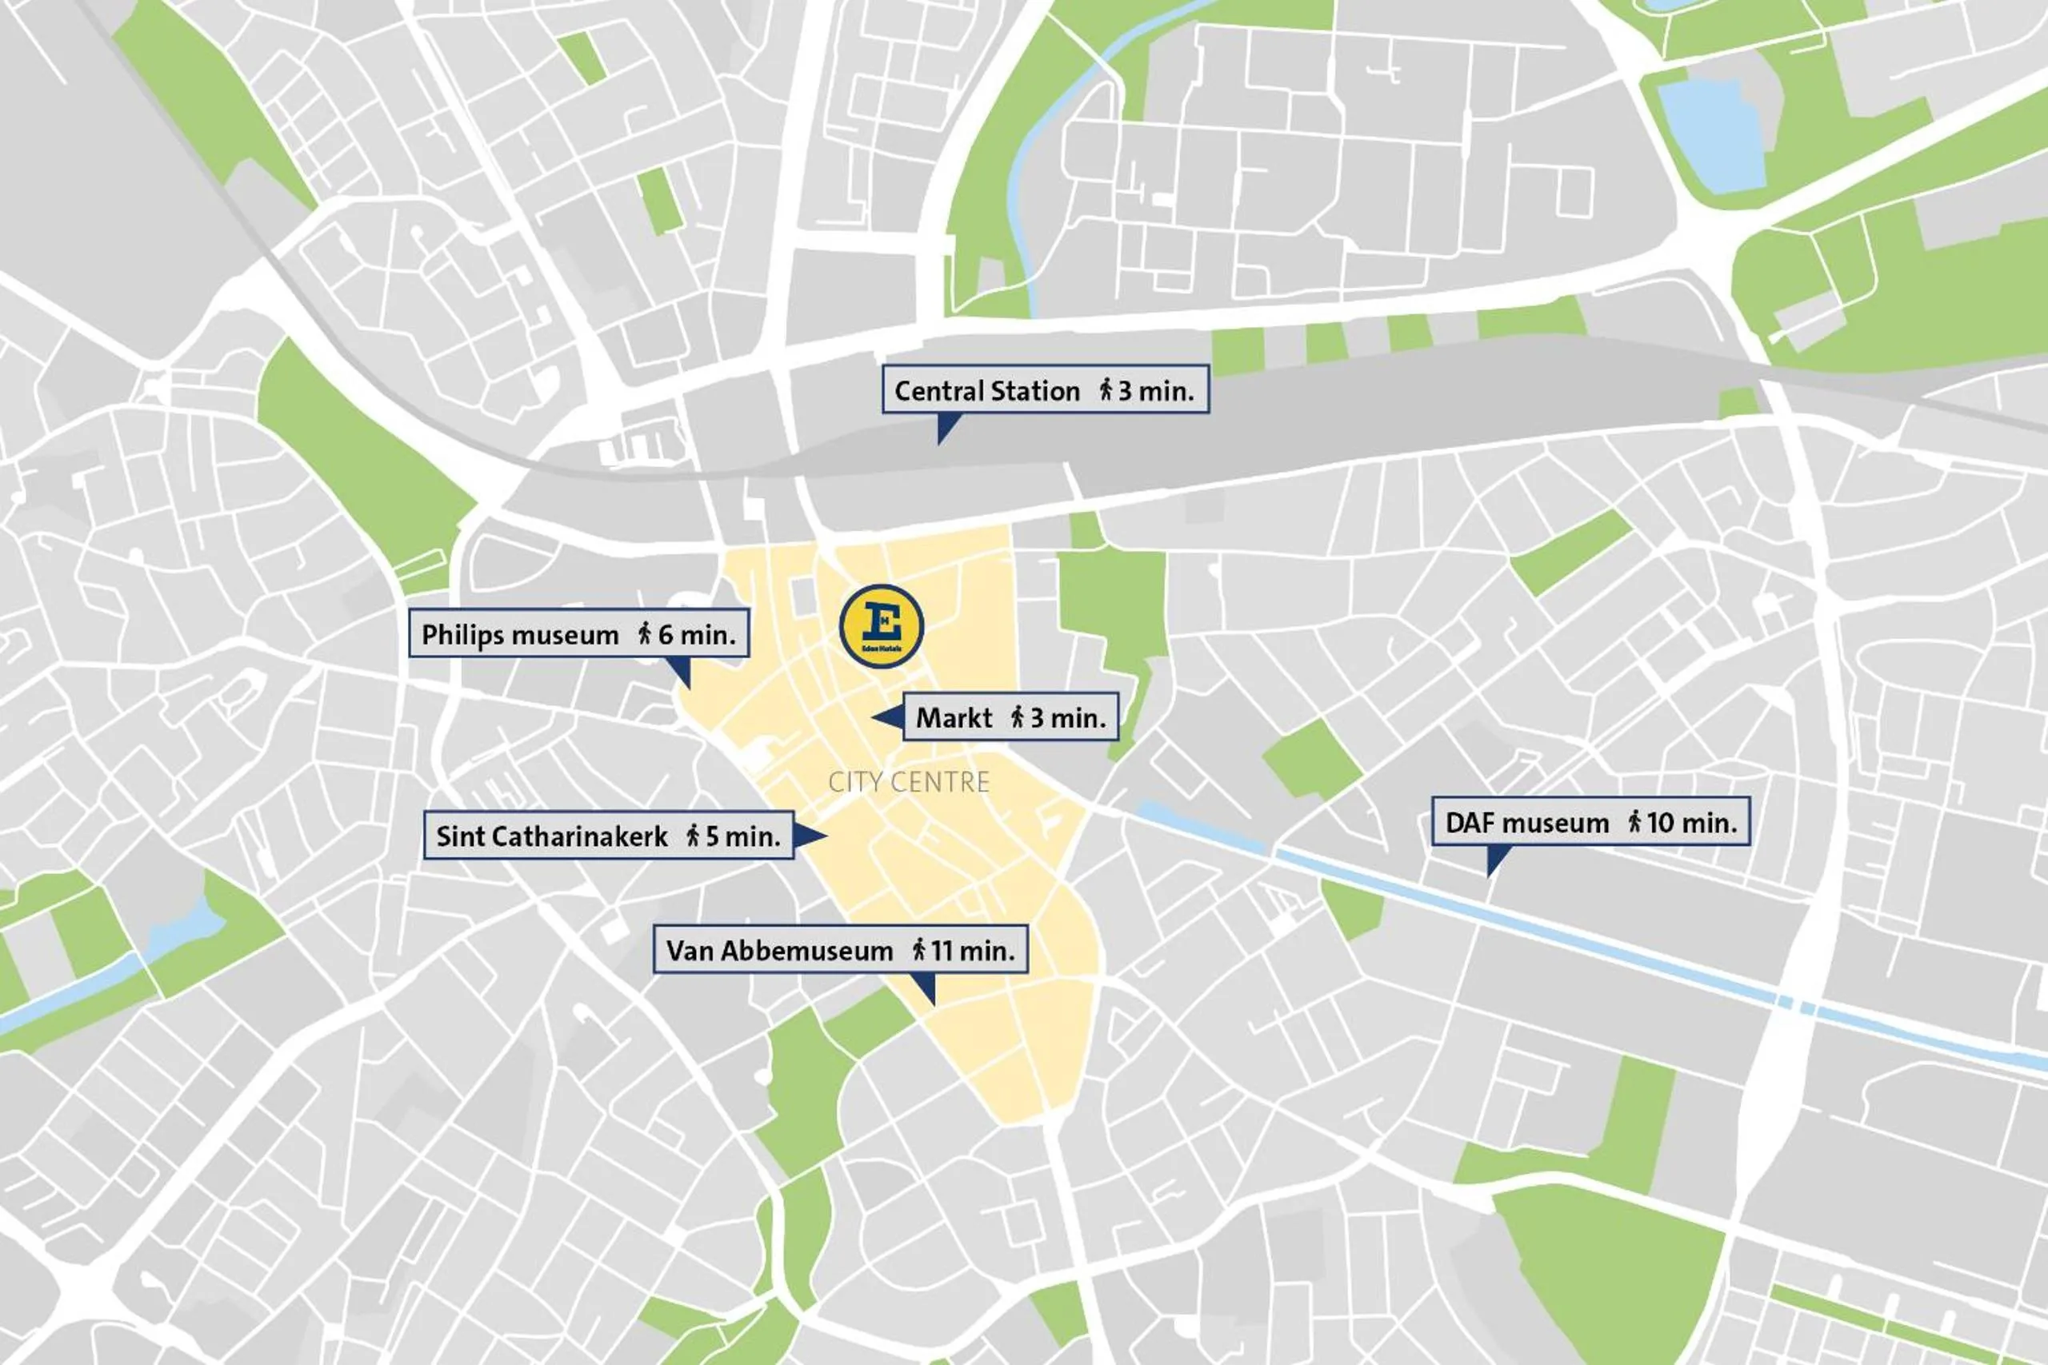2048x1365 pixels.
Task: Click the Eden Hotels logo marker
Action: [881, 626]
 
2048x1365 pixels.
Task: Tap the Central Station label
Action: [1045, 390]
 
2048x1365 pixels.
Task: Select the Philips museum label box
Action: [578, 634]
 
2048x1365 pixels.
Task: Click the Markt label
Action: [1010, 717]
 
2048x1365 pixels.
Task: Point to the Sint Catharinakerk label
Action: [608, 836]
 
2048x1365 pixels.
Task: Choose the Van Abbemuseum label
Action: [840, 950]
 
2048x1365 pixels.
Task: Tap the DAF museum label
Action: [1590, 822]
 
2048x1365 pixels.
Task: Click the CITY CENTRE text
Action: [908, 782]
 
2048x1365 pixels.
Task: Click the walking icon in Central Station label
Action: [1106, 389]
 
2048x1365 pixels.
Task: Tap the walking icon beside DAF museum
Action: [1634, 821]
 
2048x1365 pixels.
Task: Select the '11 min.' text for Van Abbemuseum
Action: [973, 951]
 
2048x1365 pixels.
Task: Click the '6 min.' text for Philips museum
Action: [697, 635]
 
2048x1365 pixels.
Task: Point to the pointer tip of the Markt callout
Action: [874, 717]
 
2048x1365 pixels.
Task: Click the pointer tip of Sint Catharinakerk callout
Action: [825, 836]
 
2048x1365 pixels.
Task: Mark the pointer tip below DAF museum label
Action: [1489, 874]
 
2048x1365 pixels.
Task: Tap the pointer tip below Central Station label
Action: [939, 442]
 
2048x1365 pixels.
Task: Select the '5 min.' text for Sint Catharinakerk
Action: [742, 836]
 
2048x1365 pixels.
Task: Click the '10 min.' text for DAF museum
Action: [1691, 822]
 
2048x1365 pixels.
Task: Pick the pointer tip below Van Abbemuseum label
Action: [933, 1003]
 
